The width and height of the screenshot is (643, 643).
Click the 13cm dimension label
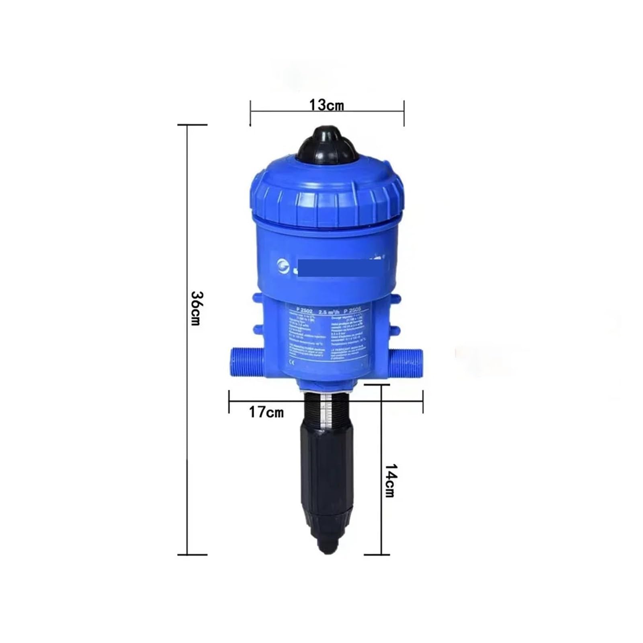[326, 105]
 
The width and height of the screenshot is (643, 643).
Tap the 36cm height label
[197, 308]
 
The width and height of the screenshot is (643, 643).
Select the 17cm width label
[266, 412]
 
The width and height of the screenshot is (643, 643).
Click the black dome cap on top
[327, 144]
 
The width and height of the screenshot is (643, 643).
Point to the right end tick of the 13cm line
[404, 114]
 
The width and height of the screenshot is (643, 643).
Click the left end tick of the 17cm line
[229, 401]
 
